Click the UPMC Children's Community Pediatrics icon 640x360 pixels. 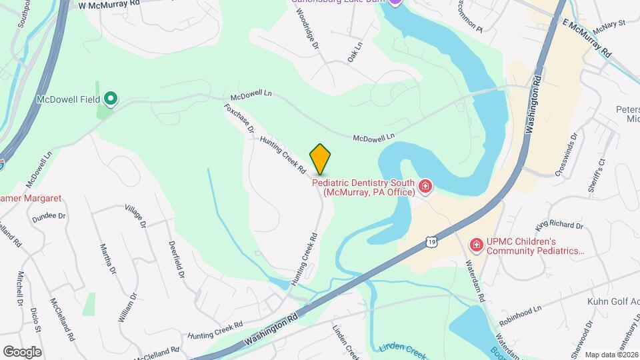(476, 245)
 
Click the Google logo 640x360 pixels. (22, 351)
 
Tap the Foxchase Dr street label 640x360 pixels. (239, 118)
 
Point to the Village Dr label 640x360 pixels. (135, 216)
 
